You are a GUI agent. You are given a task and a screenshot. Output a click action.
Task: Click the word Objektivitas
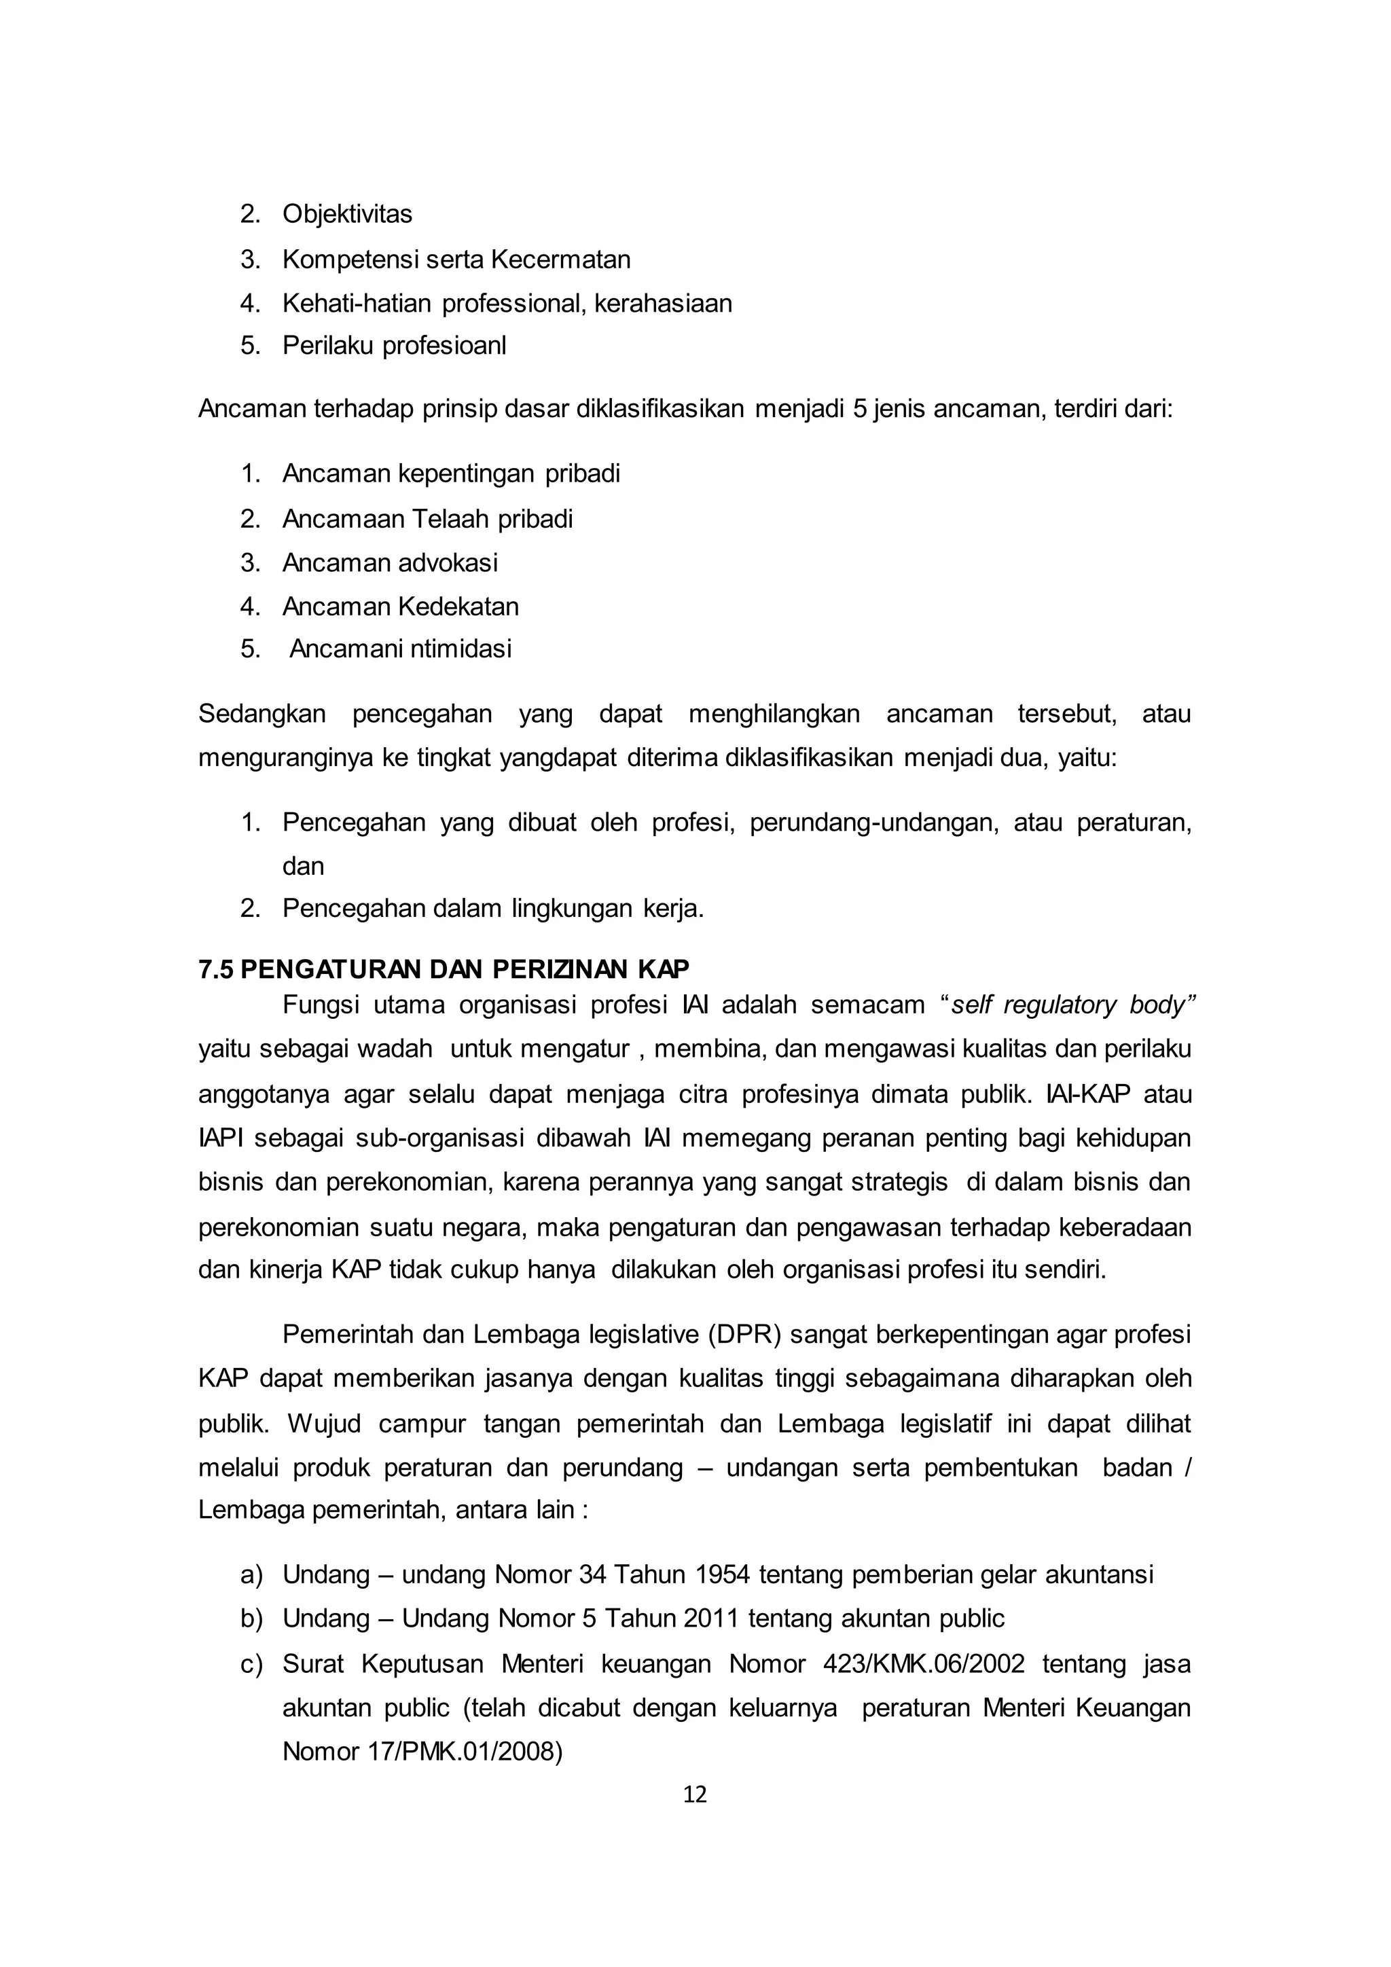pyautogui.click(x=347, y=214)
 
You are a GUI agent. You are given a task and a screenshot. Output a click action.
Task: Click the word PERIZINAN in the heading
pyautogui.click(x=561, y=969)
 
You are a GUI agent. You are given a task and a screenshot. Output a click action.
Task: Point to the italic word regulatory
pyautogui.click(x=1059, y=1005)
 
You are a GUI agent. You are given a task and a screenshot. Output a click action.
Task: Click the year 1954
pyautogui.click(x=723, y=1574)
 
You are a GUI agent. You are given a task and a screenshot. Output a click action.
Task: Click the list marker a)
pyautogui.click(x=251, y=1574)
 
